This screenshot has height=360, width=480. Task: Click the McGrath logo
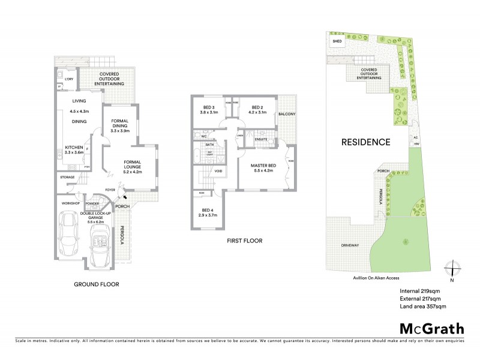[432, 328]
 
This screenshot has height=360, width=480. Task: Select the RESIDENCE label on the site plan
[366, 142]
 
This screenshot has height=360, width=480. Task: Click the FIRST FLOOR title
[245, 241]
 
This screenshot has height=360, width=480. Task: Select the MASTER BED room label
[264, 167]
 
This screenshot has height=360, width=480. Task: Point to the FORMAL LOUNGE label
[132, 164]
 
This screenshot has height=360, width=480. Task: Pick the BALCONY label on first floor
[287, 114]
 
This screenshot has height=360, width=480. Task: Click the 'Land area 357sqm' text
[422, 306]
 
